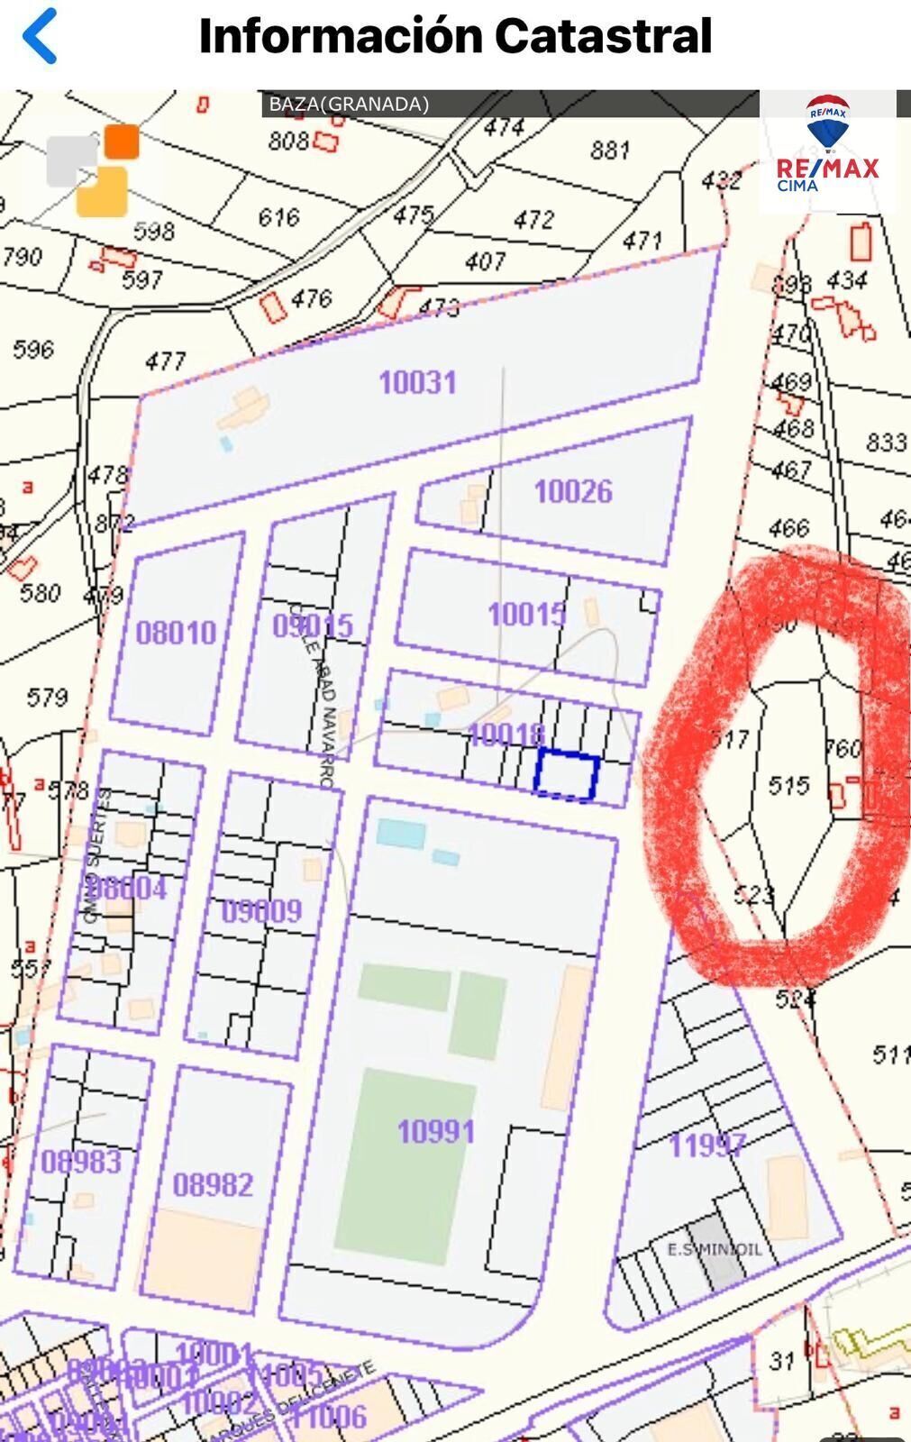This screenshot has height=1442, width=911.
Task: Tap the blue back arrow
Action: click(40, 36)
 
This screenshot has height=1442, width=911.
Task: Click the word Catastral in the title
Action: click(603, 36)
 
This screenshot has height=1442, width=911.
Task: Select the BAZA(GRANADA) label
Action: click(349, 104)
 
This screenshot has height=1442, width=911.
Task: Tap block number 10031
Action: click(417, 382)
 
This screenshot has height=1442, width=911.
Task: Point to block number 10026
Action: click(572, 491)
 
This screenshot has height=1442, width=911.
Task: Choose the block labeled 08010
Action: click(176, 632)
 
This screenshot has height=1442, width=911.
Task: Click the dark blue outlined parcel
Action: click(566, 775)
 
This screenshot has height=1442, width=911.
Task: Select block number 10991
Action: click(436, 1131)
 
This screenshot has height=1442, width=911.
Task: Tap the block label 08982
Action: click(213, 1184)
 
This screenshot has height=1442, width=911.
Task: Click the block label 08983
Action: click(81, 1161)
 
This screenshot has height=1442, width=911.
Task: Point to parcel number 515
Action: click(788, 786)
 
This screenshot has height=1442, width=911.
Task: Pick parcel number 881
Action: click(609, 149)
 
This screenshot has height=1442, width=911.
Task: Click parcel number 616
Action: click(278, 217)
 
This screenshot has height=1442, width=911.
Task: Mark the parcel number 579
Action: click(47, 697)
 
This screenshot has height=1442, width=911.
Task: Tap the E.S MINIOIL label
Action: click(714, 1249)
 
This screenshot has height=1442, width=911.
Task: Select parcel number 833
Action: click(885, 442)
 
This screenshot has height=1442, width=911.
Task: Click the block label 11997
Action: click(706, 1145)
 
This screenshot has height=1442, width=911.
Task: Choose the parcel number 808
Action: click(288, 141)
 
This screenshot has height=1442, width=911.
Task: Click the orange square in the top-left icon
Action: click(122, 141)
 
